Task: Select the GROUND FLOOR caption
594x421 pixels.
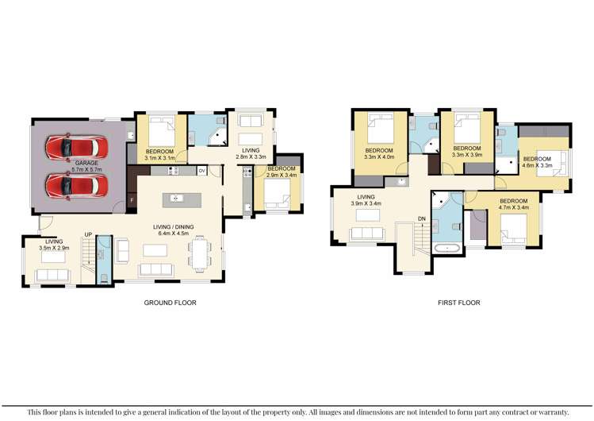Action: [170, 303]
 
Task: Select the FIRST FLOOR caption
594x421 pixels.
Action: [458, 303]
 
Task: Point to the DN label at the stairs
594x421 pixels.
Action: [422, 221]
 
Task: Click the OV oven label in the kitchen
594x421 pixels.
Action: [202, 171]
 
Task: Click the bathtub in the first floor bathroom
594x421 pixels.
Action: [449, 249]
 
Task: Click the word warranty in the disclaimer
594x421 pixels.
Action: [550, 411]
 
